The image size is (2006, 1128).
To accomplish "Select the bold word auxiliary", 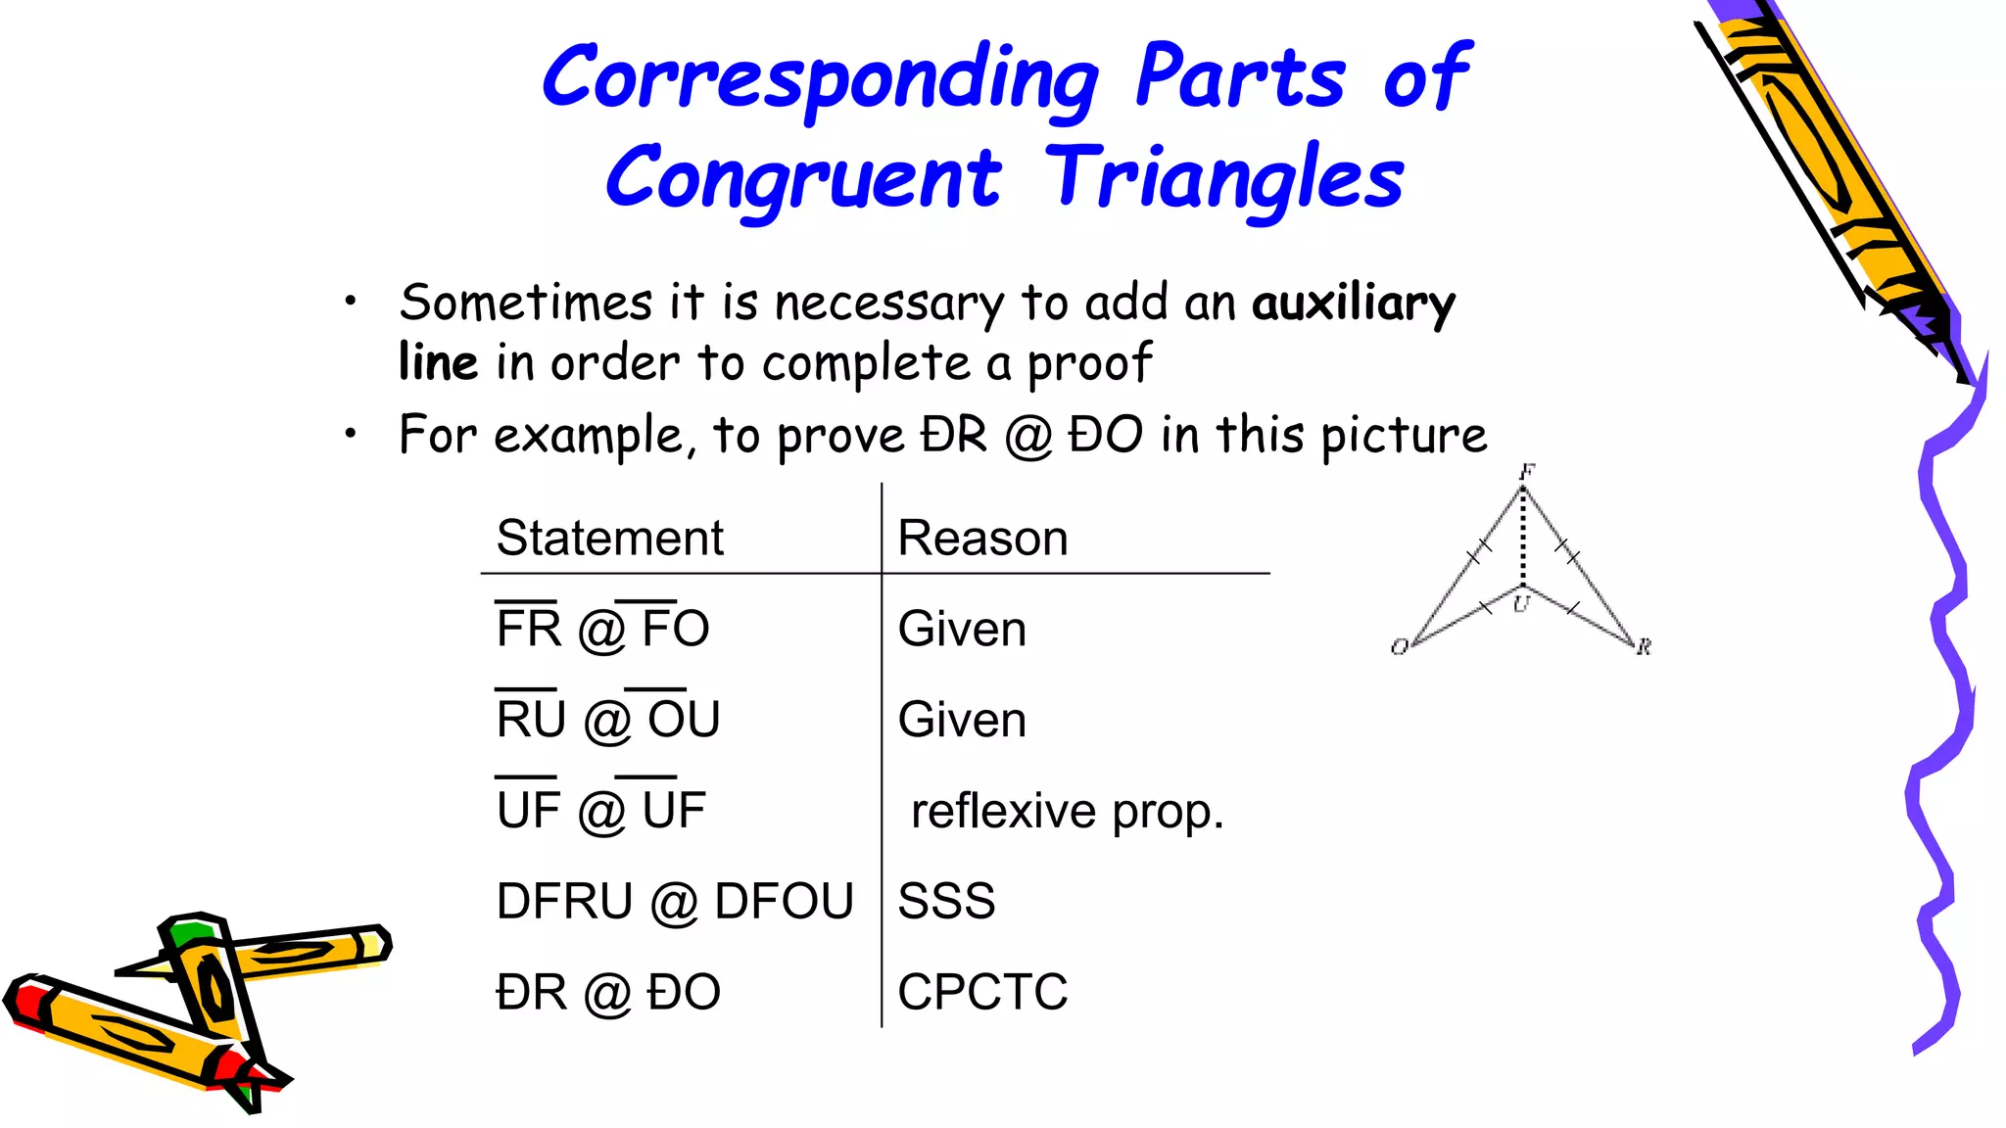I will [1354, 303].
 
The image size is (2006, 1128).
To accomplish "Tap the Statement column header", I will [609, 538].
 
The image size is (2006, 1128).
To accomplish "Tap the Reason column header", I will [982, 538].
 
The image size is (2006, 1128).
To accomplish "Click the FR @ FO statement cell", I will [602, 628].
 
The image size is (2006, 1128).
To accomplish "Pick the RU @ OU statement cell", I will [608, 719].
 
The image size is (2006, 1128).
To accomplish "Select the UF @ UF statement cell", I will [601, 810].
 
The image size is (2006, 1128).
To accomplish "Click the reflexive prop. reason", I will [1067, 811].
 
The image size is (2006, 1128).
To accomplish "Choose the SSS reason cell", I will [946, 901].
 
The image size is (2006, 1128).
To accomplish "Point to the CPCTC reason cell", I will [982, 992].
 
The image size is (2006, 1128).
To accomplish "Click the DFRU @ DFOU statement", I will [675, 901].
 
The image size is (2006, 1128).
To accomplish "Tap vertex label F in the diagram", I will [1526, 472].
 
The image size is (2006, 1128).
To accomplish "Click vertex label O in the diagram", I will [1400, 646].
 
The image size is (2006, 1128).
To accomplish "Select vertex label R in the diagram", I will [1644, 646].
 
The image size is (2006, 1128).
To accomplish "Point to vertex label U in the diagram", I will [1520, 604].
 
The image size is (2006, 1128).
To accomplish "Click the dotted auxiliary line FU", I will [1523, 539].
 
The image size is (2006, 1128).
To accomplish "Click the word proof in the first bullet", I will [1088, 364].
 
